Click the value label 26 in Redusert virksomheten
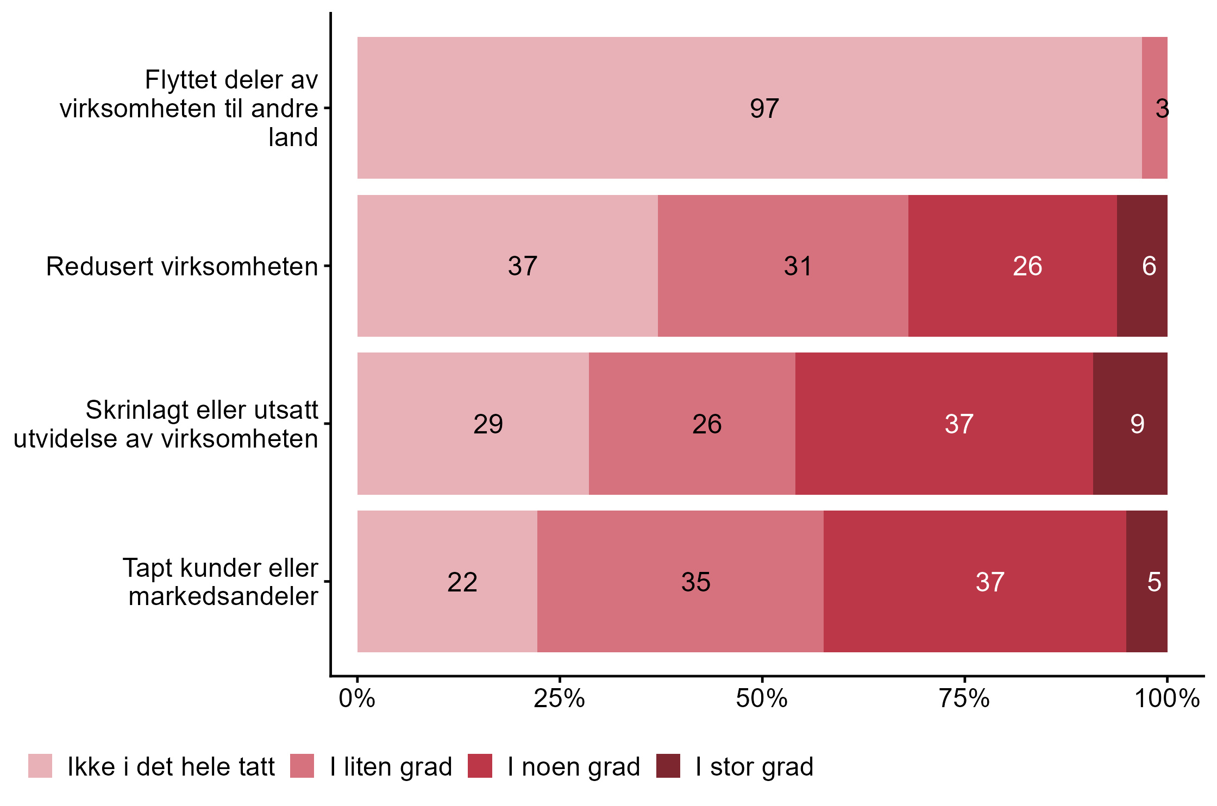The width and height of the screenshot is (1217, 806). click(1027, 266)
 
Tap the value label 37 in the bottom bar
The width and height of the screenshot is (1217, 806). click(990, 582)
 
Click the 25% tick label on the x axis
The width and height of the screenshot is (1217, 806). click(559, 698)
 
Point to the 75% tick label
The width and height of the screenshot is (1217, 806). click(964, 698)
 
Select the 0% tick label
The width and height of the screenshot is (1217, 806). click(357, 698)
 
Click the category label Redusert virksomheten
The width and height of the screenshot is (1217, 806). click(182, 266)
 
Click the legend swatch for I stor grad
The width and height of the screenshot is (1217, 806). click(668, 766)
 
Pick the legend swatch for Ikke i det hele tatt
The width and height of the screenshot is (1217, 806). click(40, 766)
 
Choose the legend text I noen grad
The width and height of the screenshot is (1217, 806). click(574, 767)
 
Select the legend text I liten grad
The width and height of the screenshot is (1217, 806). click(391, 767)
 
